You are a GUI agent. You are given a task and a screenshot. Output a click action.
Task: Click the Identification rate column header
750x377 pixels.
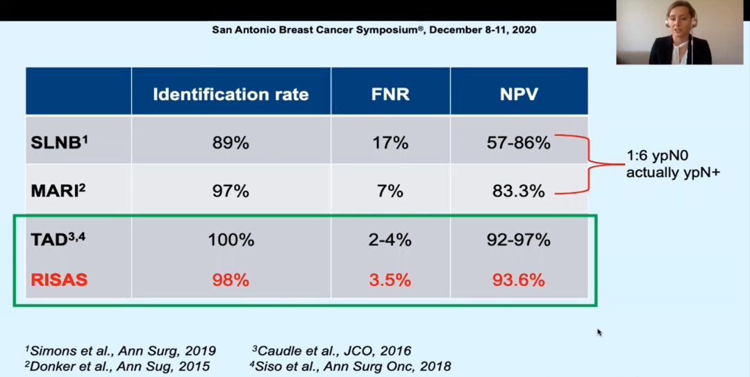click(x=231, y=94)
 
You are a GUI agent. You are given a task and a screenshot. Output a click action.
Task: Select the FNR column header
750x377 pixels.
click(x=390, y=94)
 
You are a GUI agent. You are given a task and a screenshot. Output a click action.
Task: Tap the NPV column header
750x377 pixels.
click(x=519, y=94)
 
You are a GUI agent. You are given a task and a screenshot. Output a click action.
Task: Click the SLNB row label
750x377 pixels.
click(x=59, y=143)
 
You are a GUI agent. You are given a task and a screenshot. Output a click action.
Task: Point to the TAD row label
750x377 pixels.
click(x=58, y=240)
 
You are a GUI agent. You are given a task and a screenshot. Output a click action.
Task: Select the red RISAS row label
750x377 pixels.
click(x=59, y=280)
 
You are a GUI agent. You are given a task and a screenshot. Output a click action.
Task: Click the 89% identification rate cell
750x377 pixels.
click(x=231, y=144)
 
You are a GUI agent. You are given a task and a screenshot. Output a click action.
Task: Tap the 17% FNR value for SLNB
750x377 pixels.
click(x=390, y=144)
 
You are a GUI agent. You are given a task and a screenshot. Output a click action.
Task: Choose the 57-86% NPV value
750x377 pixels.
click(x=519, y=144)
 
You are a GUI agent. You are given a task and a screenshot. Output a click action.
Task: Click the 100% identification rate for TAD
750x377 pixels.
click(x=231, y=240)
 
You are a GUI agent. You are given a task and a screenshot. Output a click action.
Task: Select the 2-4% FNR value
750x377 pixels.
click(x=390, y=240)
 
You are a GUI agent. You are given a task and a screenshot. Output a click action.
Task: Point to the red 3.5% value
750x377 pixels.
click(x=390, y=280)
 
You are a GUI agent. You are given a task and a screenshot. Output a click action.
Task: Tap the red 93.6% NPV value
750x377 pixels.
click(x=519, y=280)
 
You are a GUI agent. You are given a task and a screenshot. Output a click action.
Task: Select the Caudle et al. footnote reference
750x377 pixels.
click(x=331, y=351)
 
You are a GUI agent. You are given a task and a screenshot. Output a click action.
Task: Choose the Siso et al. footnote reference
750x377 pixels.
click(x=351, y=366)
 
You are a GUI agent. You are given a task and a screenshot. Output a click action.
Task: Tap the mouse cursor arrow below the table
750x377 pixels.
click(x=599, y=333)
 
